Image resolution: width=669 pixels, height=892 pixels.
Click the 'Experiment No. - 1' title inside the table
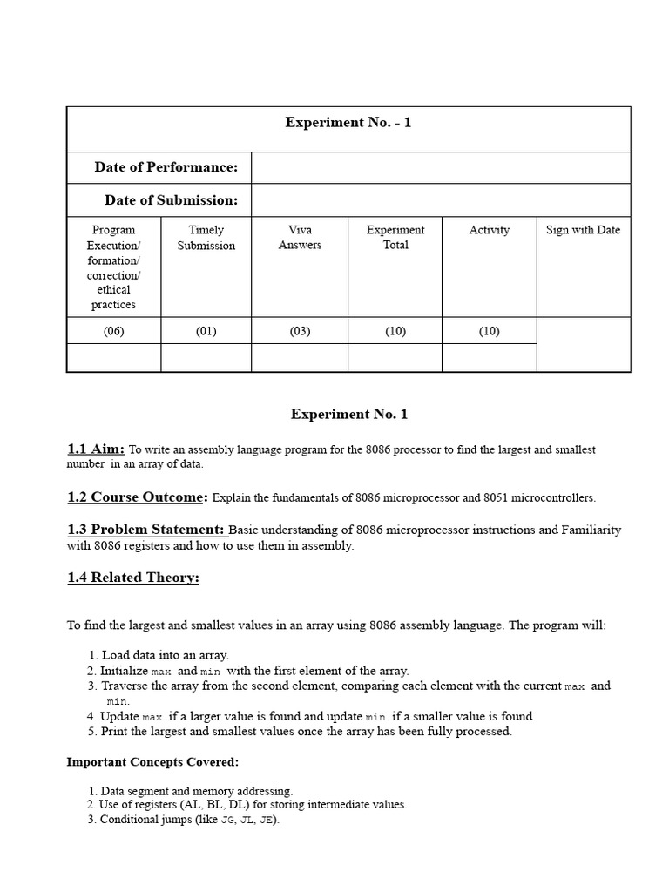pos(348,123)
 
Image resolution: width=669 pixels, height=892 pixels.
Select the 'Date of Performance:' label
pos(166,167)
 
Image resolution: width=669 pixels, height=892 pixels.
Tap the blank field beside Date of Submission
pos(440,200)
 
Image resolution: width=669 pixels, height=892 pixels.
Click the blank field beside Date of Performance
pos(440,167)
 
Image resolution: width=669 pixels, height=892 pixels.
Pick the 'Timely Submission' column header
pos(206,238)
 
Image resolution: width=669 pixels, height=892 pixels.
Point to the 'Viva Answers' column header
pos(300,238)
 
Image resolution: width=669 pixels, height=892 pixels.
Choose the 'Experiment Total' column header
pos(395,238)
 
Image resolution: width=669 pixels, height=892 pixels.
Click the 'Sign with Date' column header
pos(583,230)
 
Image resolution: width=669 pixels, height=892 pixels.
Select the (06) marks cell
pos(114,331)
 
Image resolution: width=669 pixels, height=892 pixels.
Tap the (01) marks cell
pos(206,331)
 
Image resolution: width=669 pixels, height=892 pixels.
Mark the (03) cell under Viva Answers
pos(300,331)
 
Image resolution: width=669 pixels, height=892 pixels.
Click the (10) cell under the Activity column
pos(489,331)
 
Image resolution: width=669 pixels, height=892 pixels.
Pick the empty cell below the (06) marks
pos(114,357)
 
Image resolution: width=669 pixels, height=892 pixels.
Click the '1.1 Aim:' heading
pos(96,449)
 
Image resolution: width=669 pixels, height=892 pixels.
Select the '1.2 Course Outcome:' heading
pos(138,497)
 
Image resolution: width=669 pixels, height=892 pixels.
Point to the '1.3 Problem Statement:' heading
pos(146,530)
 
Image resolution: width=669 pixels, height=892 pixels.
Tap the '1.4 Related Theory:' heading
pos(133,578)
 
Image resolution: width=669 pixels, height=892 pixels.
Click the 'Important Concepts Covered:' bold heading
pos(152,762)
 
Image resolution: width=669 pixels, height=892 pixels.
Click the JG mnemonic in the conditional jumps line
pos(229,821)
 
